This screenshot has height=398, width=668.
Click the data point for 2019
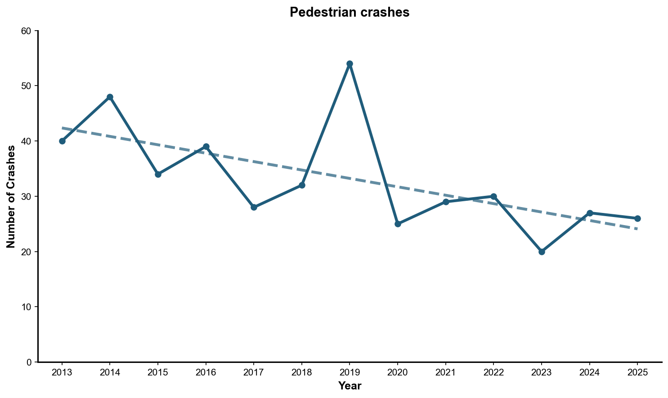coord(350,64)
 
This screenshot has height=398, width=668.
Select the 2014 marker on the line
coord(110,97)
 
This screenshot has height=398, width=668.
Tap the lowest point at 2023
coord(542,252)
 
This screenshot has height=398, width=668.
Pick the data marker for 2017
coord(254,207)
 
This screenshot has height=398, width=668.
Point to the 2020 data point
coord(398,224)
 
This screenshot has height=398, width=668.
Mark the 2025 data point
coord(637,218)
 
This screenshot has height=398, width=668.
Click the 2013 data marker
coord(62,141)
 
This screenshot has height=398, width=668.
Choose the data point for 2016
coord(206,147)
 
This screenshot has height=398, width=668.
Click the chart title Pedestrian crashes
coord(350,13)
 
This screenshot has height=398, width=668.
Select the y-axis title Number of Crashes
coord(11,196)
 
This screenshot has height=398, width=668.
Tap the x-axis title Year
coord(350,386)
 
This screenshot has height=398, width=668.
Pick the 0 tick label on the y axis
coord(29,362)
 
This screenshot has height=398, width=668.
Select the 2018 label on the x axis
coord(302,372)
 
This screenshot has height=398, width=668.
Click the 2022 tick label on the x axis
coord(493,372)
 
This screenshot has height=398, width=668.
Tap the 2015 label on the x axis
coord(158,372)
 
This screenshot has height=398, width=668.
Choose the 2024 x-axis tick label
coord(589,372)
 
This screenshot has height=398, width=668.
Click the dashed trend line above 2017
coord(254,161)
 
